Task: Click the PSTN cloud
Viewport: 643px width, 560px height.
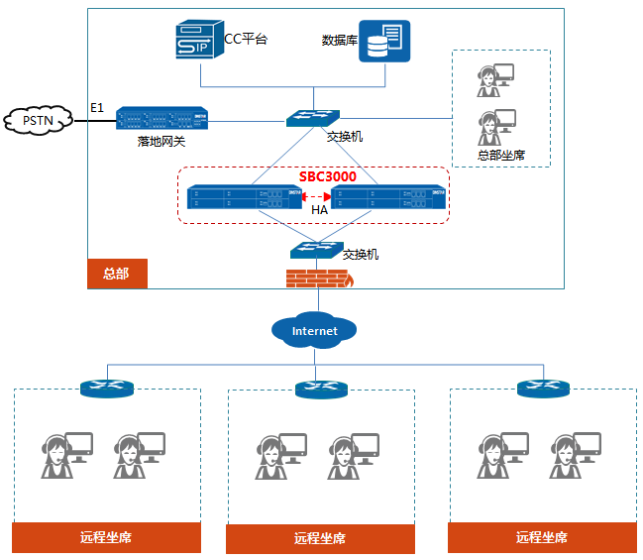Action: click(x=38, y=121)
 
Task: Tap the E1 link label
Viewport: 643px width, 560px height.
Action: click(x=96, y=107)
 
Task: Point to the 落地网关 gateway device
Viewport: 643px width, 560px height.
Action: click(x=161, y=119)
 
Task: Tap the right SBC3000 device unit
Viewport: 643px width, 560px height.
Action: click(x=388, y=198)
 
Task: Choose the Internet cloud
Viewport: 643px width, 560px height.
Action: click(x=315, y=330)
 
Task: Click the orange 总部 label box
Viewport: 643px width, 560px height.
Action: click(x=117, y=273)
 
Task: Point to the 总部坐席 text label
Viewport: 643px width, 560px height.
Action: click(x=500, y=156)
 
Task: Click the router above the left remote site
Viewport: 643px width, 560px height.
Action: click(x=106, y=389)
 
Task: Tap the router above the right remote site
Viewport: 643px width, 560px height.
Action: click(x=543, y=388)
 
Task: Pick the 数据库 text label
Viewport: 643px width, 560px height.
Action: click(x=339, y=41)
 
